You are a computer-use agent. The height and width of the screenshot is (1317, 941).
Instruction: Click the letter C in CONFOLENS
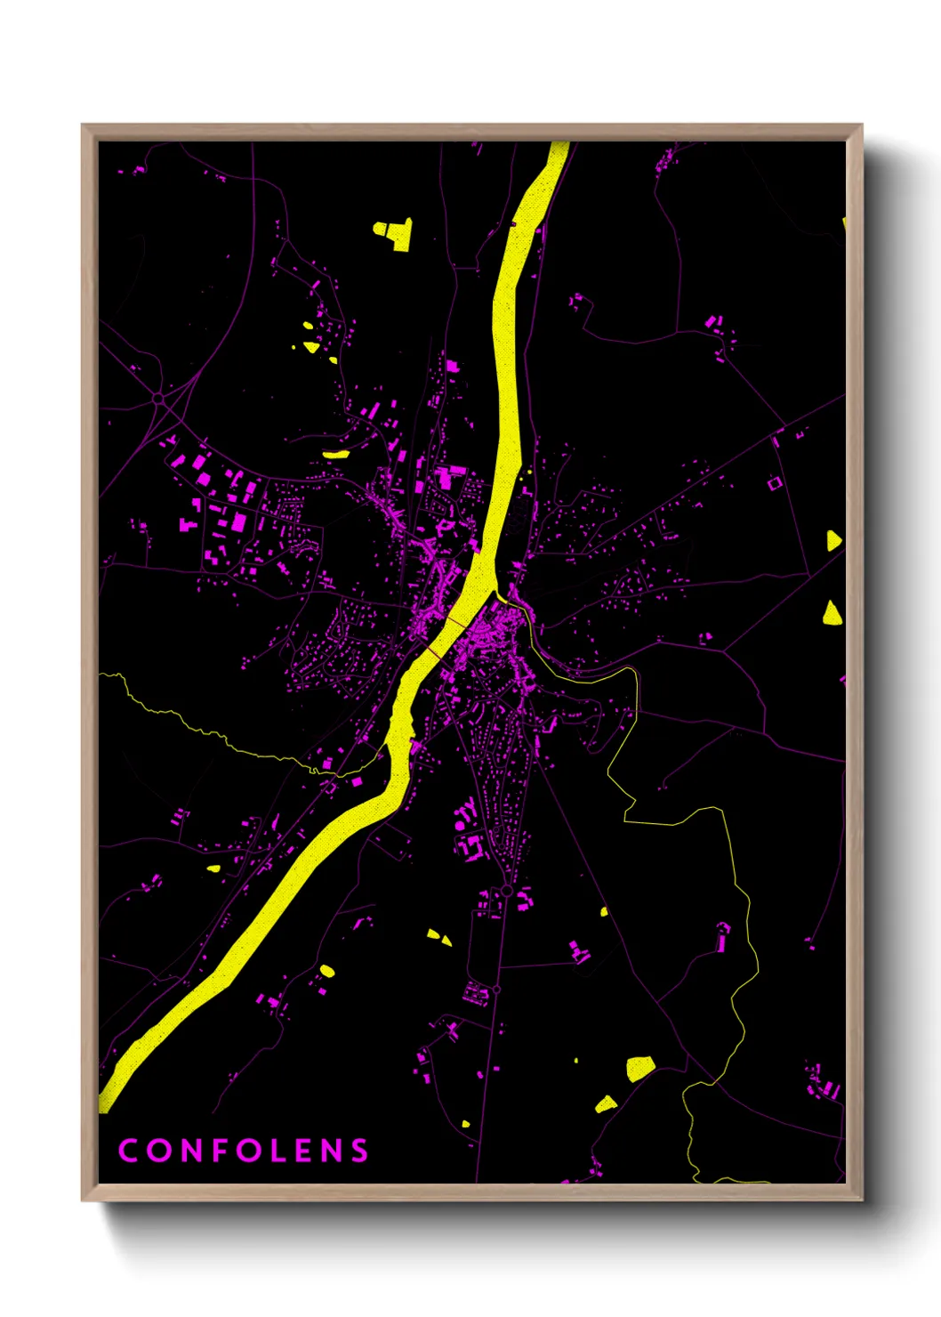tap(128, 1151)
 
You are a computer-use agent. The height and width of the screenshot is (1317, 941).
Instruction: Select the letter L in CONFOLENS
tap(274, 1151)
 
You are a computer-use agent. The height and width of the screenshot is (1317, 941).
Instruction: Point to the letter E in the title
tap(302, 1151)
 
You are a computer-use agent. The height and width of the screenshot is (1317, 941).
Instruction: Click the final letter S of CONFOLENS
tap(359, 1151)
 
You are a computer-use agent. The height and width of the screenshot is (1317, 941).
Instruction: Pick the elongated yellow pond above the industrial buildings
tap(335, 454)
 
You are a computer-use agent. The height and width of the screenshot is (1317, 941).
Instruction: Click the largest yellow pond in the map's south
tap(639, 1068)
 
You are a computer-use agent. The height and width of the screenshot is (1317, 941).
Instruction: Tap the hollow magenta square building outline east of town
tap(774, 483)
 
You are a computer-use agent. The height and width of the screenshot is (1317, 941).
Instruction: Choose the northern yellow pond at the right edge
tap(833, 540)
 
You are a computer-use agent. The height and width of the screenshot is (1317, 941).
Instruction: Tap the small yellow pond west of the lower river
tap(213, 868)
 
